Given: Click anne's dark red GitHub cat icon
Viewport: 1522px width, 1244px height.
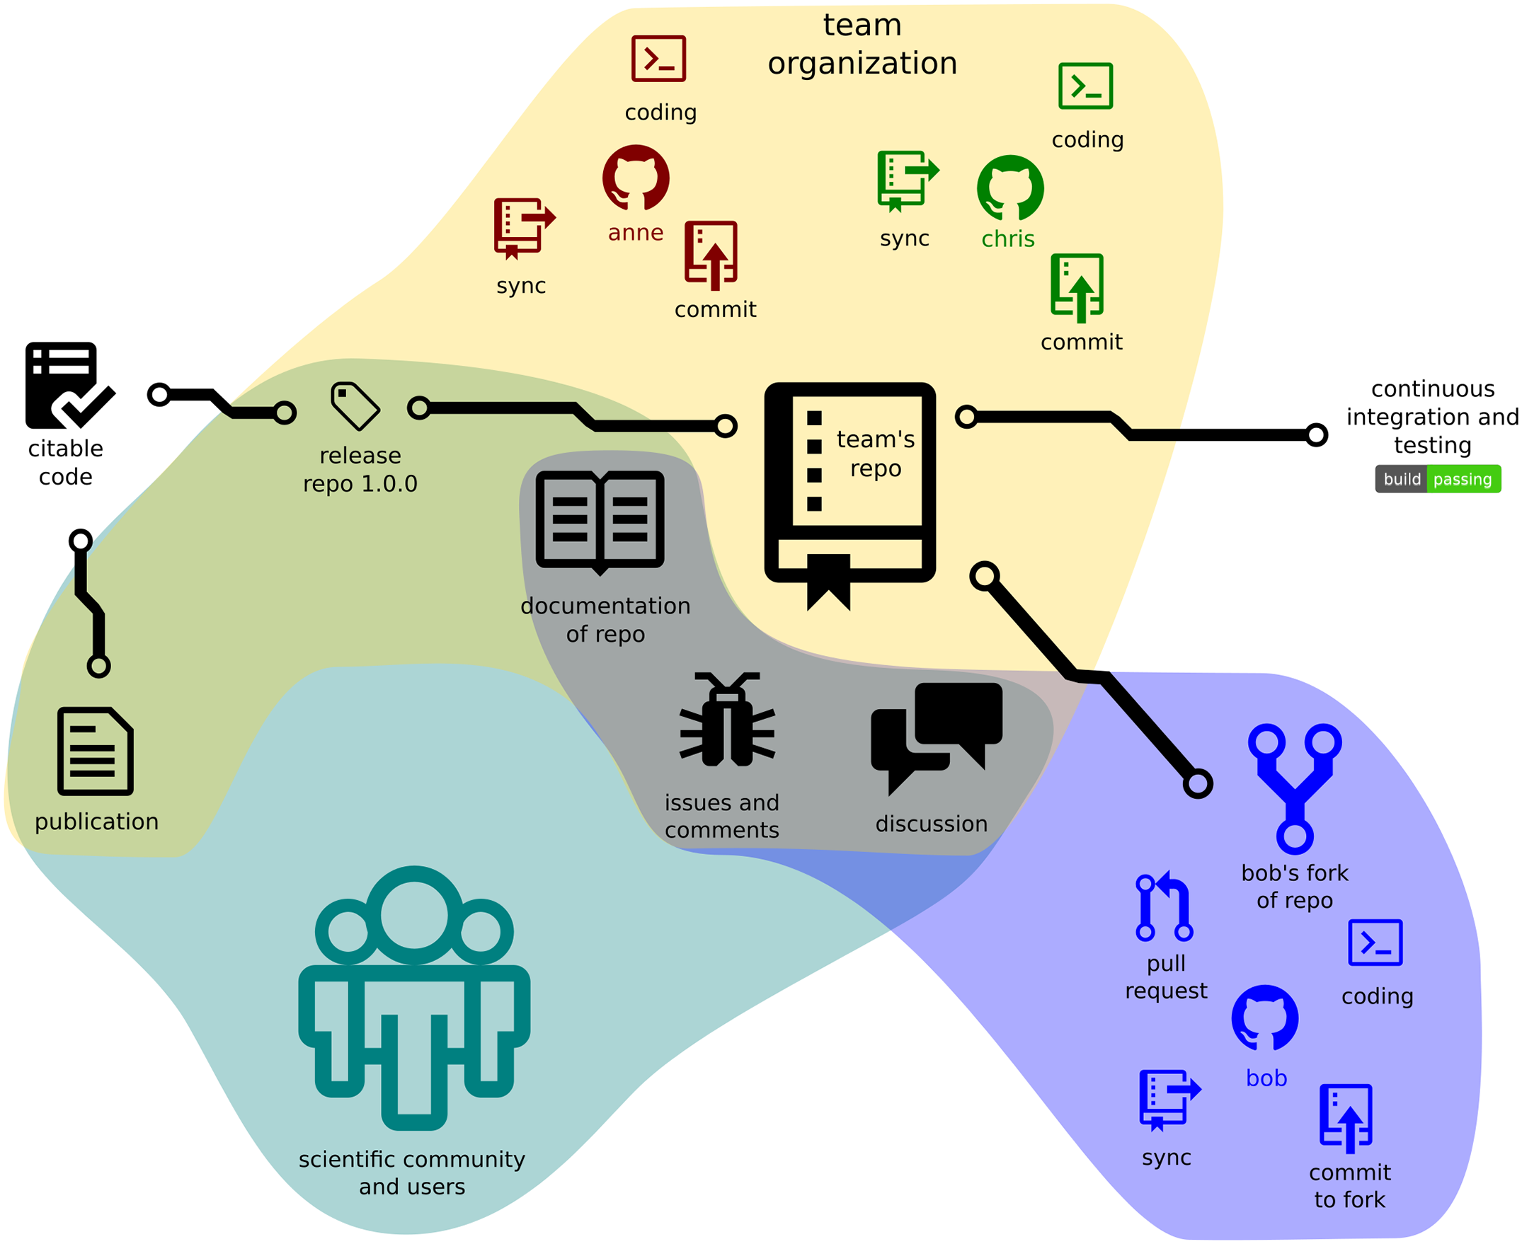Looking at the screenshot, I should [x=636, y=178].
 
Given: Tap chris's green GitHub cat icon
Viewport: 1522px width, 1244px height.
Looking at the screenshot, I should [x=1010, y=188].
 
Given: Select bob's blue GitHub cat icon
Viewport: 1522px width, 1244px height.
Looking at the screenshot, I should [x=1264, y=1018].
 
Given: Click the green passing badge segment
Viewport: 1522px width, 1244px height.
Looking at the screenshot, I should [x=1463, y=479].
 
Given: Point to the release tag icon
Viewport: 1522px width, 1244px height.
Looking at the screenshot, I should [x=355, y=406].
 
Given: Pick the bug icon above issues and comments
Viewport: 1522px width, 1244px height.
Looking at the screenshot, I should [x=727, y=720].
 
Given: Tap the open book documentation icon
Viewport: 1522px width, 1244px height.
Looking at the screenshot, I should [x=600, y=521].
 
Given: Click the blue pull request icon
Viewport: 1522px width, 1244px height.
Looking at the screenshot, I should [x=1165, y=906].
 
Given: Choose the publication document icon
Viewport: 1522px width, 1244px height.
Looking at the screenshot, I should [x=96, y=751].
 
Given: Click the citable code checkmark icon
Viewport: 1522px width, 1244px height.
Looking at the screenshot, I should [x=69, y=386].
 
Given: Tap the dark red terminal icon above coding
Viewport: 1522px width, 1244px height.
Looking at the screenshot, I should [x=658, y=59].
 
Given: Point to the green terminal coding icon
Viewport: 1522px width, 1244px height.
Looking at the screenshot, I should [x=1085, y=86].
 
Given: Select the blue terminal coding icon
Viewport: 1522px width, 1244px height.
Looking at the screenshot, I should [x=1375, y=943].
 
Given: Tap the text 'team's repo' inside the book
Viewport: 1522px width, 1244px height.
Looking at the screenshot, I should [x=876, y=454].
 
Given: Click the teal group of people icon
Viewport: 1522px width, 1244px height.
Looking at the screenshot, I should [x=413, y=997].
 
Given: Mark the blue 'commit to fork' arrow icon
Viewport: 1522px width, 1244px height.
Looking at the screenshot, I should [x=1346, y=1118].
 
